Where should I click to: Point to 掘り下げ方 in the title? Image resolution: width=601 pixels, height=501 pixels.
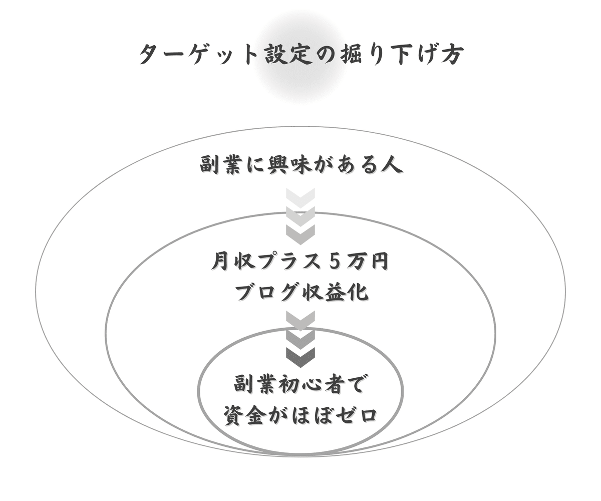pos(396,54)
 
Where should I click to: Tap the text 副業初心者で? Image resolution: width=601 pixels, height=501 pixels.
pos(300,385)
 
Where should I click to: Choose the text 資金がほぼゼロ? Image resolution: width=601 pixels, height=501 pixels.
pos(300,416)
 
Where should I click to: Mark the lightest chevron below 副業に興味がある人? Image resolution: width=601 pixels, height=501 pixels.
pos(300,197)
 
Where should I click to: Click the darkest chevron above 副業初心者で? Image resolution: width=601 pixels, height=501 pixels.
pos(300,357)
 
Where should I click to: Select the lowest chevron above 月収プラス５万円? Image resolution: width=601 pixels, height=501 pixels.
pos(300,233)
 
